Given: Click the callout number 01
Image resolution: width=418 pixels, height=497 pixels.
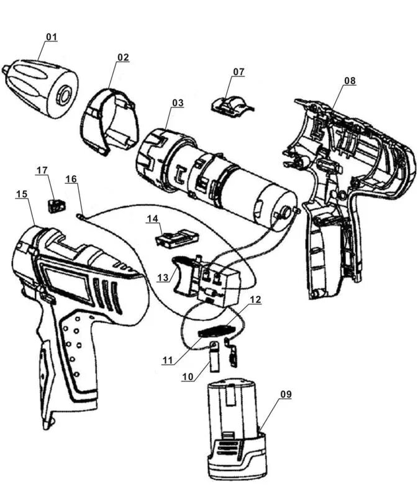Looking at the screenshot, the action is coord(51,37).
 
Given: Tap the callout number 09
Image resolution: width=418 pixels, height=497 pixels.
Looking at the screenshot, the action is coord(285,394).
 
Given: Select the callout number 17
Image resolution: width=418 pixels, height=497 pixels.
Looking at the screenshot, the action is coord(42,170).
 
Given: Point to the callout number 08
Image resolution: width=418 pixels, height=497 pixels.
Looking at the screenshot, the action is coord(350,81).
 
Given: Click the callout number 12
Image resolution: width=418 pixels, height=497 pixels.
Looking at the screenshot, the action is coord(255,299).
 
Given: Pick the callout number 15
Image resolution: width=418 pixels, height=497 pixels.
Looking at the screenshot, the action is coord(22,194).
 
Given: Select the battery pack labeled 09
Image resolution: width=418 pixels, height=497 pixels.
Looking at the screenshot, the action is coord(237,429).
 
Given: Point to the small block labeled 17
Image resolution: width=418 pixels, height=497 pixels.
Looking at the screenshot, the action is coord(57,204).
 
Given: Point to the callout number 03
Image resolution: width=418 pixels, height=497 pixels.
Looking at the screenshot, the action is coord(178,103).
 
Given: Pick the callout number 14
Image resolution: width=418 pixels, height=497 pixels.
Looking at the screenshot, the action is coord(152,218).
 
